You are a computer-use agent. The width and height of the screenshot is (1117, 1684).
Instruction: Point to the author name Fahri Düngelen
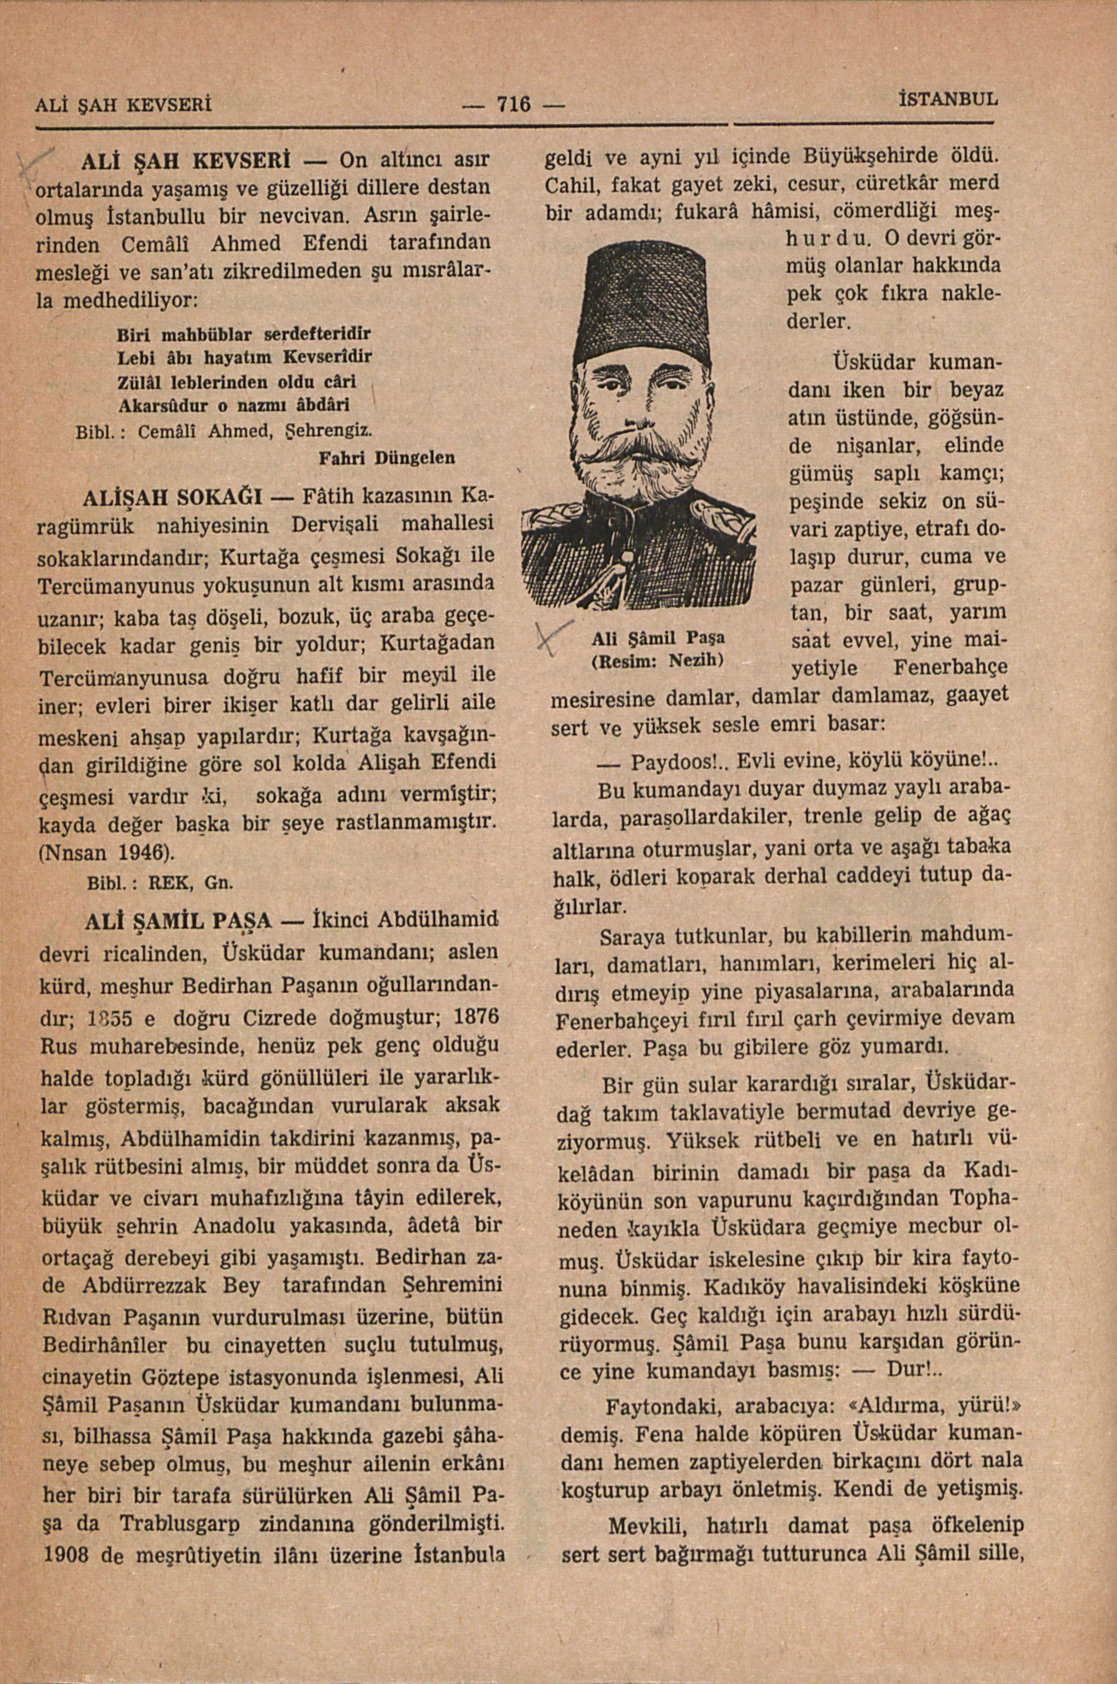[x=387, y=457]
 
